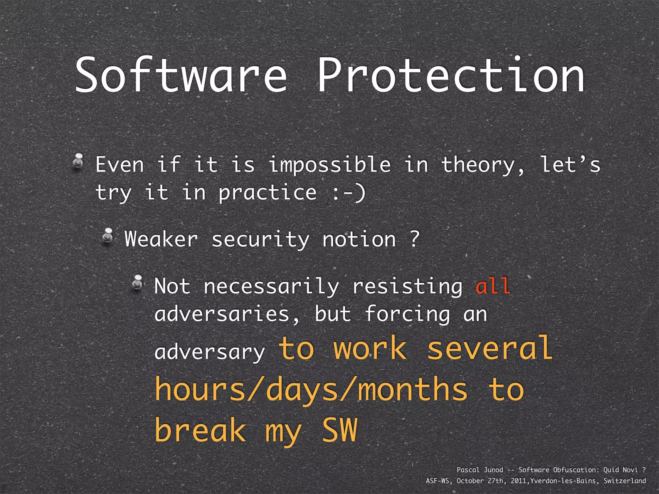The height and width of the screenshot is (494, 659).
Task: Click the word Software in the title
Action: (181, 76)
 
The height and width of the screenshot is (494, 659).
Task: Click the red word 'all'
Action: (493, 286)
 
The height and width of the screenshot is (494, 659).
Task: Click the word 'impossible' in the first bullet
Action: (329, 165)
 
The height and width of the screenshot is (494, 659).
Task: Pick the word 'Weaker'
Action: (161, 240)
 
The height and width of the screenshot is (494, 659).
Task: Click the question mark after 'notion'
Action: (415, 239)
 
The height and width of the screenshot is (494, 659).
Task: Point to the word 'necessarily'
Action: (271, 287)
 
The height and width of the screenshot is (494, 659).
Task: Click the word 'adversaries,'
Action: (227, 314)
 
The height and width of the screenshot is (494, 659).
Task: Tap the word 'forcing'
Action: (407, 314)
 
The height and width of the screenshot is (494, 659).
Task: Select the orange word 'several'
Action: (489, 348)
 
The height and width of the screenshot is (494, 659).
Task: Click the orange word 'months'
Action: (413, 390)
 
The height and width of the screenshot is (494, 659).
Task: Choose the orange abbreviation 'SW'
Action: (340, 430)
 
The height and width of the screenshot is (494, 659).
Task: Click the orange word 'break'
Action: (200, 430)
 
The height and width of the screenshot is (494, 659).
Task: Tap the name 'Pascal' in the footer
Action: (468, 470)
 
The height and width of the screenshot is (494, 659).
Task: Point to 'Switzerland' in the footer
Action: (625, 481)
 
